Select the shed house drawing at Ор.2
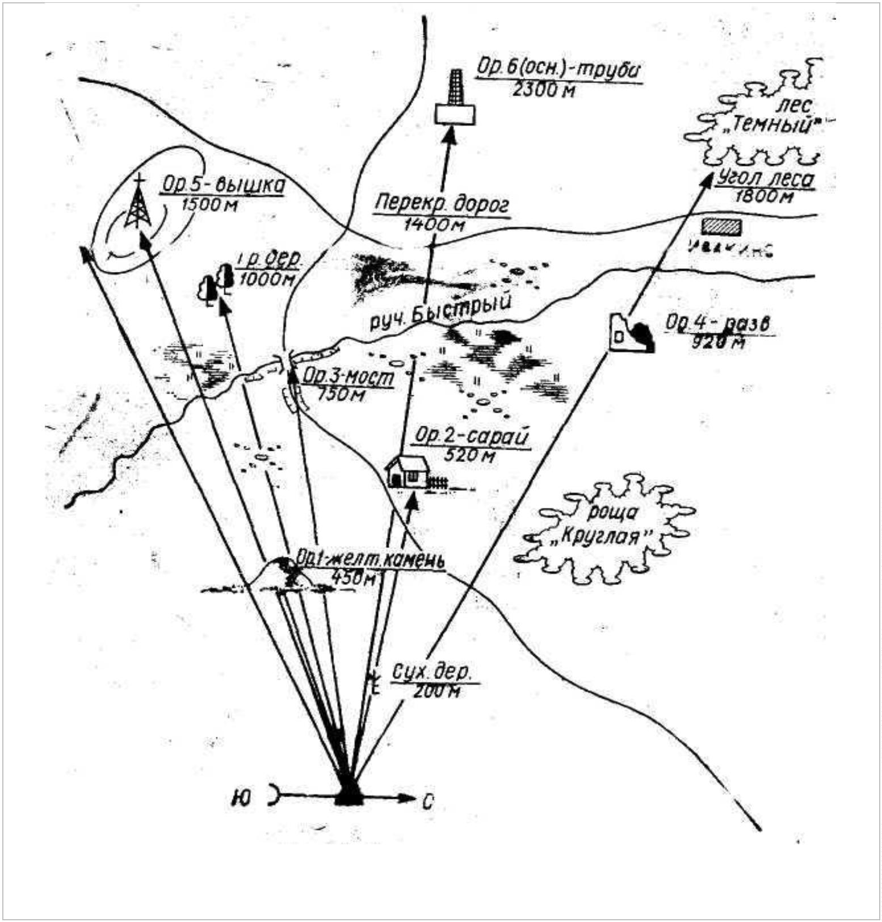(408, 471)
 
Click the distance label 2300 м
(543, 89)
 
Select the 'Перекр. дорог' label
(442, 203)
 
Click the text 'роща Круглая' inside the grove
(605, 523)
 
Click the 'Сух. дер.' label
(432, 673)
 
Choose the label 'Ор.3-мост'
(348, 376)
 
